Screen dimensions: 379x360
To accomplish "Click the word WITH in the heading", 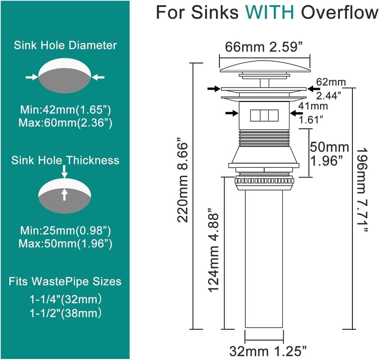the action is [270, 12].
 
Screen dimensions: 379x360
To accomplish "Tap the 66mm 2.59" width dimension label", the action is [264, 47].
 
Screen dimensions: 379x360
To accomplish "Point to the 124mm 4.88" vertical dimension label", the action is [214, 250].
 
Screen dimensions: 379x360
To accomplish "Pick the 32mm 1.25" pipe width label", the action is [268, 351].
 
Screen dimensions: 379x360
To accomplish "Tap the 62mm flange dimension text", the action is [331, 82].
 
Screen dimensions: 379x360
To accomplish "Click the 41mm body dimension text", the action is [313, 106].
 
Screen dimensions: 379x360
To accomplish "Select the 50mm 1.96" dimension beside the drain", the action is [329, 153].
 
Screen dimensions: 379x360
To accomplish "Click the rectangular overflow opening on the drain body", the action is [264, 116].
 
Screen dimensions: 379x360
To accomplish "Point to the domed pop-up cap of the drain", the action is [265, 66].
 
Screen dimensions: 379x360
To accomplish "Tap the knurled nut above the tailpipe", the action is [264, 180].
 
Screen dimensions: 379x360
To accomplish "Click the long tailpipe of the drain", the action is [264, 259].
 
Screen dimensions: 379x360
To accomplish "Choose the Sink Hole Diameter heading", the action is [65, 45].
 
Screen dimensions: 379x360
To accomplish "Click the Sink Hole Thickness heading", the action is [65, 161].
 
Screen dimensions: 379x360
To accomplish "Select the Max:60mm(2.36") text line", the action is [65, 123].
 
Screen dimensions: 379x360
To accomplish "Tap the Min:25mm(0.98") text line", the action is [65, 231].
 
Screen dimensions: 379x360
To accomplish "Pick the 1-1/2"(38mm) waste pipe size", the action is [65, 313].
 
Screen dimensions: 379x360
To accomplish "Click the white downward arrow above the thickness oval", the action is [64, 171].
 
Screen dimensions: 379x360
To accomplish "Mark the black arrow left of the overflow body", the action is [232, 113].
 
